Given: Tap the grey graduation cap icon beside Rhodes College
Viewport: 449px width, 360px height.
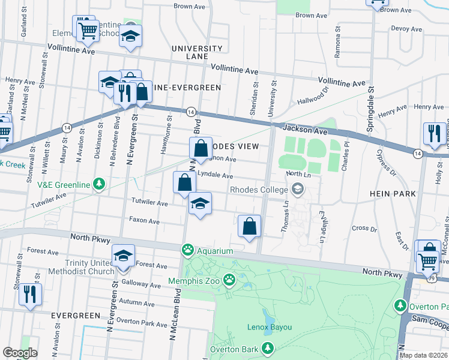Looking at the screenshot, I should pos(297,190).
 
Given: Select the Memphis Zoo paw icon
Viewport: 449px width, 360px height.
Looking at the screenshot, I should pos(229,279).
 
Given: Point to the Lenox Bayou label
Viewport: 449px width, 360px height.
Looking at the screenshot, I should pos(270,327).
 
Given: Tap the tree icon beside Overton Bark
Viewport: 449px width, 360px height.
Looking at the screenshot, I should pos(268,349).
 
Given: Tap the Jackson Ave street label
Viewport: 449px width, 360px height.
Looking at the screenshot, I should pos(297,128).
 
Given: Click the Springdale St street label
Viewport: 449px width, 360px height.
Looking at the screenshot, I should pos(371,92).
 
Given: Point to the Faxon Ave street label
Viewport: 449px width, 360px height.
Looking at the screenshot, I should pos(144,221).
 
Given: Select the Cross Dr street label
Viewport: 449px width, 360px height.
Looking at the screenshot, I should pos(364,229).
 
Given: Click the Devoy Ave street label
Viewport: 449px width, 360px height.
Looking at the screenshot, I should pos(407,28).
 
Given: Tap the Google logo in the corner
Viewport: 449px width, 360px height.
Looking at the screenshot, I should pos(20,352).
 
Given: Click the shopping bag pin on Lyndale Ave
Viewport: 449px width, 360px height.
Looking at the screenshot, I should pos(184,182).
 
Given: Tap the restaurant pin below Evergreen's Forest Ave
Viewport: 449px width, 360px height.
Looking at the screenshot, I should pos(28,295).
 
